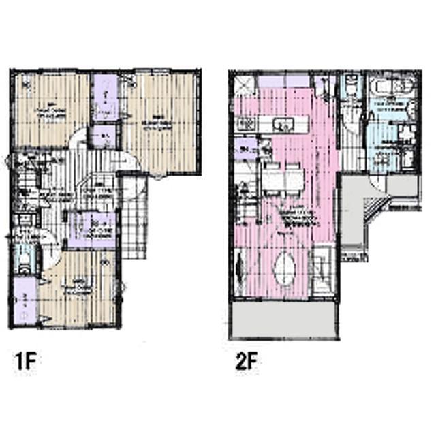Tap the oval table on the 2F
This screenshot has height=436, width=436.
tap(285, 268)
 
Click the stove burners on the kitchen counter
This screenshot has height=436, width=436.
tap(247, 124)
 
